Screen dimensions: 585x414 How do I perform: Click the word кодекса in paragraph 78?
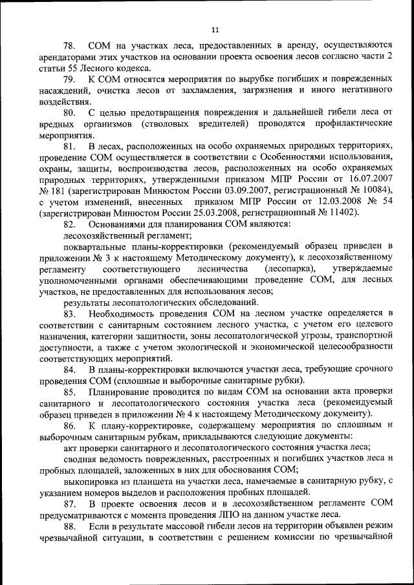click(131, 69)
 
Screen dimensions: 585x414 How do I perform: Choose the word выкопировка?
click(90, 482)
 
